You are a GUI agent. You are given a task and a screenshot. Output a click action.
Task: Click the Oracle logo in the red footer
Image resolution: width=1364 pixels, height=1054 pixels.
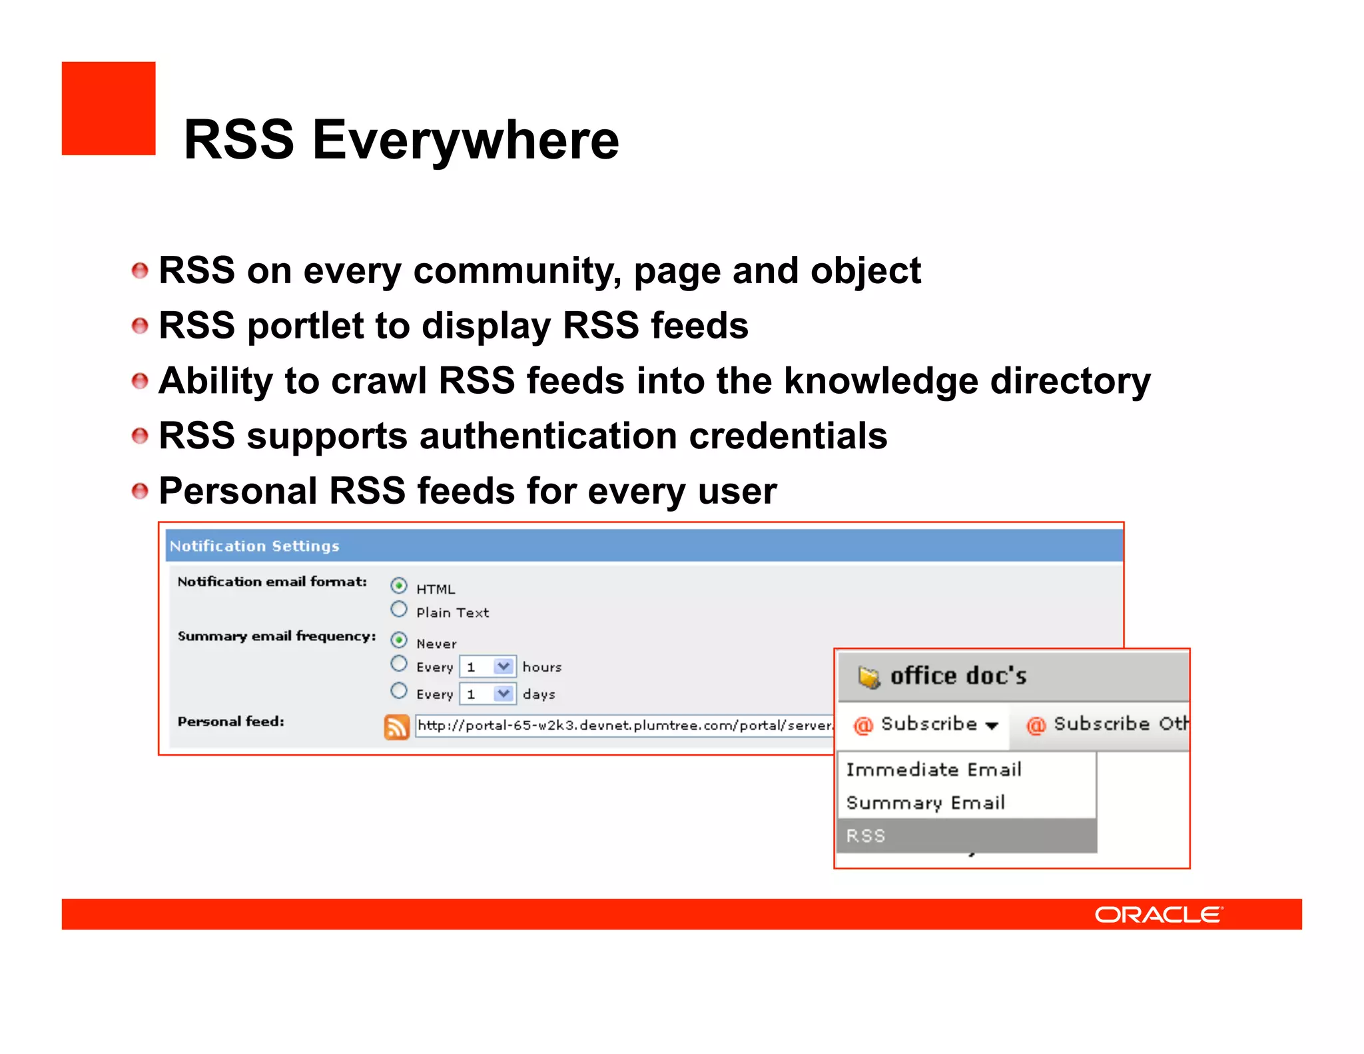point(1158,914)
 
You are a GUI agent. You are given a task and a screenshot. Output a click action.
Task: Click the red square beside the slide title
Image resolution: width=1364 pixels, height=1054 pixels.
point(109,109)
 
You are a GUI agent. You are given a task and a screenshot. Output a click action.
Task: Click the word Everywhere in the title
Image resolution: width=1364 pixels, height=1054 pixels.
point(466,140)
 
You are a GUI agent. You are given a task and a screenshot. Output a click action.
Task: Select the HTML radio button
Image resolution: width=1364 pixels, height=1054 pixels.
point(399,586)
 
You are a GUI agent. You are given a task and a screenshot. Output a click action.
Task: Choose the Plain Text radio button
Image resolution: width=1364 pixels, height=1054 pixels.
point(399,610)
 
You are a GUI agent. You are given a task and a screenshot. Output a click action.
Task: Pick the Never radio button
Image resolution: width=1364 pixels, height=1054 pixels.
point(399,640)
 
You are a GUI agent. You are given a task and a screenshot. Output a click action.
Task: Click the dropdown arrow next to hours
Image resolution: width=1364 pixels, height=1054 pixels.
point(504,666)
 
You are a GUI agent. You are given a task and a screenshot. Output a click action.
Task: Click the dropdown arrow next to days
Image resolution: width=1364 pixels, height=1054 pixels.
point(504,694)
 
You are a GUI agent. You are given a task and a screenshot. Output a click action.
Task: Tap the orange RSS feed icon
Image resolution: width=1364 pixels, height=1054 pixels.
point(397,726)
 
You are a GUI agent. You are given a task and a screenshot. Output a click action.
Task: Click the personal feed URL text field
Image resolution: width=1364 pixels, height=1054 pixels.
point(623,725)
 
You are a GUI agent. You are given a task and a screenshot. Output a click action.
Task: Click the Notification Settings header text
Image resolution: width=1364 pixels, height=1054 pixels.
point(254,546)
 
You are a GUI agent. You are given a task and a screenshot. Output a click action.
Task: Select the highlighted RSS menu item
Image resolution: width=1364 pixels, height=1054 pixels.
point(966,835)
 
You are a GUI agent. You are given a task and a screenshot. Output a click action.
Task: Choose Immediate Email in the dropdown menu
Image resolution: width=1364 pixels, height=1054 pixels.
point(933,770)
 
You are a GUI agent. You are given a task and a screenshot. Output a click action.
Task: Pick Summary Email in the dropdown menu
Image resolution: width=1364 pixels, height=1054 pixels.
point(925,803)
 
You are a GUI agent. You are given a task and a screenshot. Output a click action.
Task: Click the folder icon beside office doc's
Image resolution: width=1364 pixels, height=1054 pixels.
point(868,677)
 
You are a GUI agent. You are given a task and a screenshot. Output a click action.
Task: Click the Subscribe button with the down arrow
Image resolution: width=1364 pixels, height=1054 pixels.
point(926,724)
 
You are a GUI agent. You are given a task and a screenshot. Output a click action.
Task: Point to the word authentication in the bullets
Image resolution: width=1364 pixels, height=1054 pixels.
point(548,436)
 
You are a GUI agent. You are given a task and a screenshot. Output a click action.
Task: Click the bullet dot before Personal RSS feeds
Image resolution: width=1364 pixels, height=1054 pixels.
point(140,492)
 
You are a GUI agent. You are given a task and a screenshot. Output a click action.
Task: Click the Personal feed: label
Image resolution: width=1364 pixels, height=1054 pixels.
point(230,722)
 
